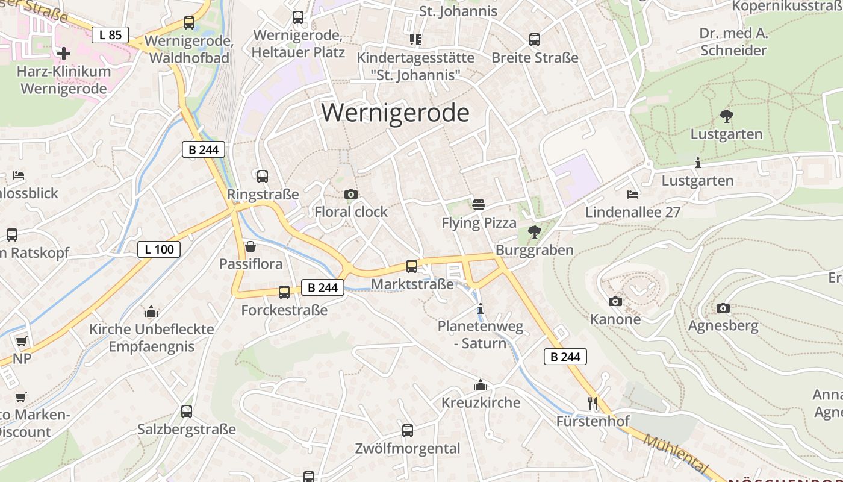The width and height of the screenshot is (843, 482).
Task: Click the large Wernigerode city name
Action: [395, 113]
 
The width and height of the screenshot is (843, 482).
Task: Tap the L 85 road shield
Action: [110, 34]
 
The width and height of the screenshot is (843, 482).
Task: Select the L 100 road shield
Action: [159, 249]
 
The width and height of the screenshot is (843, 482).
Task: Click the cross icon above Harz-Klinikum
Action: [63, 54]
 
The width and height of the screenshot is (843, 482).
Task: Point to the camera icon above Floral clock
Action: [351, 194]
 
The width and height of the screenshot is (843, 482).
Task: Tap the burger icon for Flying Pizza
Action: [479, 205]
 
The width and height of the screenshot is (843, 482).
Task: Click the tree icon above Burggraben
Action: [534, 231]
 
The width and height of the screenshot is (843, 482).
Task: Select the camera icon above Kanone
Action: [615, 301]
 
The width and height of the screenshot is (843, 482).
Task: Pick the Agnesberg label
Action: [723, 326]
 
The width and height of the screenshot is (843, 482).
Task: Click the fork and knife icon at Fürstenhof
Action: [593, 402]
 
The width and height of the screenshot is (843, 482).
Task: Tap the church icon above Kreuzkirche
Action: [481, 384]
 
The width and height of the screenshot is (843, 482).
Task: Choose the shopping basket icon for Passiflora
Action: [250, 246]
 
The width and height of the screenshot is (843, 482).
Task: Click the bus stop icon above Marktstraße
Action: [412, 266]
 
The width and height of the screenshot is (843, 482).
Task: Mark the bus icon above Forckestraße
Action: [284, 292]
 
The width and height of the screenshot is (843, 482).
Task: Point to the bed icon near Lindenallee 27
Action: [632, 194]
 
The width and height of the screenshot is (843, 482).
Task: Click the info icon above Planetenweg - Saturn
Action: [480, 309]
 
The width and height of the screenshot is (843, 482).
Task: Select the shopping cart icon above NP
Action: [21, 341]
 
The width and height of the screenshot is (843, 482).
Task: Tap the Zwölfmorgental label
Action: [407, 448]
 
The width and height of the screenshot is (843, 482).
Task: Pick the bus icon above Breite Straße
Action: [535, 40]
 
